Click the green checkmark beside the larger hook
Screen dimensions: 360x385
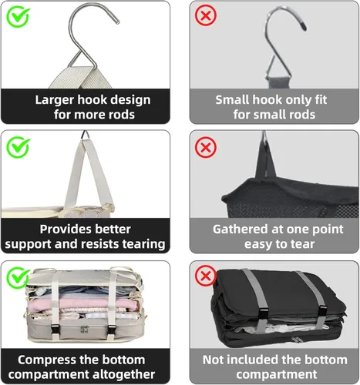click(x=18, y=16)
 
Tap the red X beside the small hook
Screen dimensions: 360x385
click(x=206, y=15)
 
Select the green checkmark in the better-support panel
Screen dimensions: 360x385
click(x=18, y=147)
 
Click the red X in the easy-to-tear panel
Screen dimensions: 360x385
click(x=206, y=147)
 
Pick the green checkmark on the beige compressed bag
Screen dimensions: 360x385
click(x=18, y=277)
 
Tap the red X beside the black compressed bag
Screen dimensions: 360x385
click(x=206, y=276)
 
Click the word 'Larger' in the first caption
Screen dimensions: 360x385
click(x=55, y=100)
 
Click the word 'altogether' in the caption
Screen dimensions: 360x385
click(x=123, y=374)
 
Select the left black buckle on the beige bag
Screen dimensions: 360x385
click(x=55, y=329)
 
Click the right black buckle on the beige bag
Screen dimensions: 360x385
click(x=112, y=330)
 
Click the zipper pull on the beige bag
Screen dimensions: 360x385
click(x=83, y=330)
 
